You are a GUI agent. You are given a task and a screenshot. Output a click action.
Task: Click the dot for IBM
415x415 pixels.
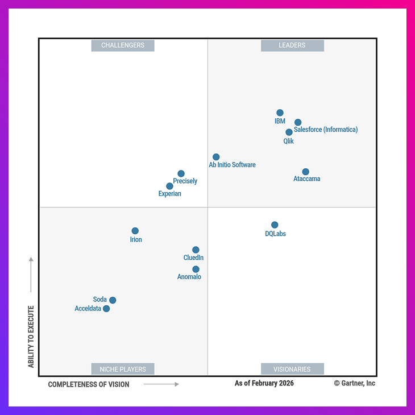click(280, 113)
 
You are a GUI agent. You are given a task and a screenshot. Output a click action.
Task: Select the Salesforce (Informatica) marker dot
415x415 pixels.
click(298, 122)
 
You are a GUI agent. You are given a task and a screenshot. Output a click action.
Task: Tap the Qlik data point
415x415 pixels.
click(289, 132)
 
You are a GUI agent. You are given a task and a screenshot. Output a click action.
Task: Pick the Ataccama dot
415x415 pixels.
click(306, 172)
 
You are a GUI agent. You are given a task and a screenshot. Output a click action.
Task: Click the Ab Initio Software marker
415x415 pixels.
click(216, 157)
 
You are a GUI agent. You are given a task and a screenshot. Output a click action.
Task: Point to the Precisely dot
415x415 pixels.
click(181, 174)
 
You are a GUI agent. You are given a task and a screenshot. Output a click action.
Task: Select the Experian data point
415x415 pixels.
click(169, 186)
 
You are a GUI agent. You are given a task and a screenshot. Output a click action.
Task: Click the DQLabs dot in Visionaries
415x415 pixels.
click(275, 225)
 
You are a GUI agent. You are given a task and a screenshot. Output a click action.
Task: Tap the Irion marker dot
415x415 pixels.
click(135, 231)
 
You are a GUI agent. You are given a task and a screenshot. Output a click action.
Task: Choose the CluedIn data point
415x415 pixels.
click(196, 250)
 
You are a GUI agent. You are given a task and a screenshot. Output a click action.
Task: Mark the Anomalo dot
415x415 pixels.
click(196, 269)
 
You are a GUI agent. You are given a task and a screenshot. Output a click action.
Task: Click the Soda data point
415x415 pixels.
click(113, 300)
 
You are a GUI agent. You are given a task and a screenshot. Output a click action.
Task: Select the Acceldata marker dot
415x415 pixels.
click(106, 309)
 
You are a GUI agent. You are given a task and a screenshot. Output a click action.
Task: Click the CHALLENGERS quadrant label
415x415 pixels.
click(123, 45)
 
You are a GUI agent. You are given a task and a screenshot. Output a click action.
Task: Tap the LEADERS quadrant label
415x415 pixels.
click(292, 45)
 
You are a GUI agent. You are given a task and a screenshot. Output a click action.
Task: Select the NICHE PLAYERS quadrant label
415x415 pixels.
click(123, 369)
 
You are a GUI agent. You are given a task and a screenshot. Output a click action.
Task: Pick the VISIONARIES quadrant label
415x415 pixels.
click(292, 369)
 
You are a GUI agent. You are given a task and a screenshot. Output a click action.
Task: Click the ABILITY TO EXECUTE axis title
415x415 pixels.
click(31, 337)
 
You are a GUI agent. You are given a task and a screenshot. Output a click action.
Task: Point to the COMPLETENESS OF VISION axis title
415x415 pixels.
click(89, 384)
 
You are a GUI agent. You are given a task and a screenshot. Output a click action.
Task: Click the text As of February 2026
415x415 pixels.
click(264, 384)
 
